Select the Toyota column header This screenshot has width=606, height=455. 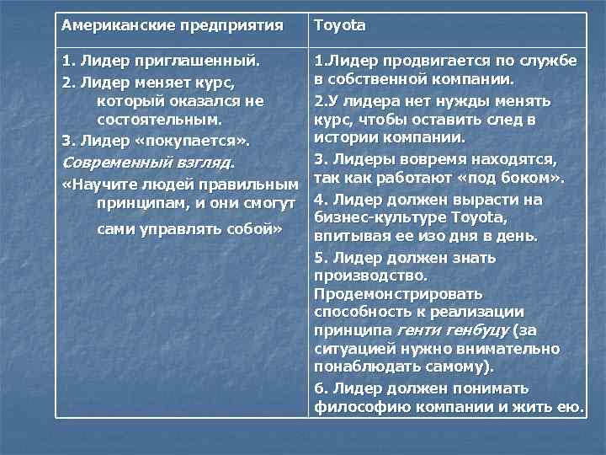(340, 25)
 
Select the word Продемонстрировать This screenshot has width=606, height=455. (398, 294)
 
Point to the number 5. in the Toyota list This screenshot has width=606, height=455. (320, 257)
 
